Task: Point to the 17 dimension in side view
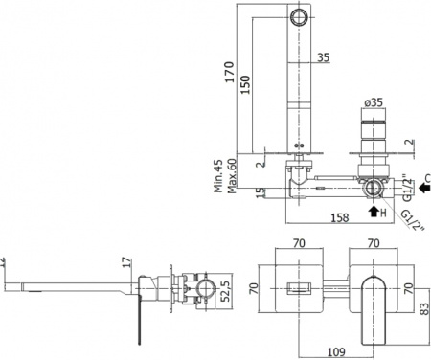click(127, 259)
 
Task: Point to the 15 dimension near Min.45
click(260, 192)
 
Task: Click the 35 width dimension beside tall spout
click(323, 58)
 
